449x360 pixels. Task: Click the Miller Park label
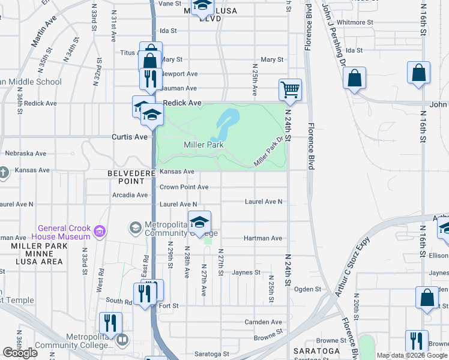(x=203, y=145)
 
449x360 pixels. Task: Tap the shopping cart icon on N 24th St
(x=290, y=90)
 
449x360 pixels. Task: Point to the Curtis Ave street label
(x=129, y=137)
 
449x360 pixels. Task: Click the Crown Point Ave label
(x=184, y=187)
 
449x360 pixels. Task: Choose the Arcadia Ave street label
(x=130, y=195)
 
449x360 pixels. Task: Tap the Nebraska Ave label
(x=25, y=154)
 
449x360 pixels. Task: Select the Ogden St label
(x=309, y=289)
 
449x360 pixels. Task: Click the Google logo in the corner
(x=20, y=353)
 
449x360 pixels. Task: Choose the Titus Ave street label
(x=129, y=53)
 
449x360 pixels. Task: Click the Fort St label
(x=169, y=305)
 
